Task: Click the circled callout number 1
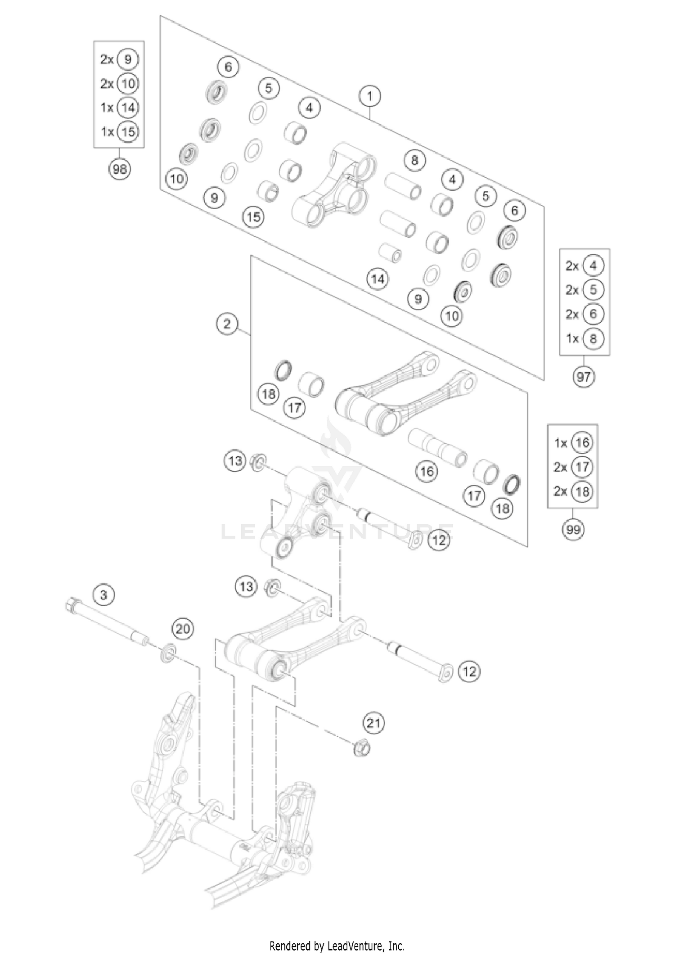[x=370, y=96]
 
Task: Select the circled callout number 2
[x=226, y=324]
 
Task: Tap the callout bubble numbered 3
[x=104, y=595]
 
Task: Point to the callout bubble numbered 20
[x=183, y=628]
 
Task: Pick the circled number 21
[x=373, y=723]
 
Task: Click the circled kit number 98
[x=119, y=169]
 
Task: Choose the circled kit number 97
[x=584, y=376]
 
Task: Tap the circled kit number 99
[x=573, y=529]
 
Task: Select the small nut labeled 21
[x=362, y=749]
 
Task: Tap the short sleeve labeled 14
[x=390, y=252]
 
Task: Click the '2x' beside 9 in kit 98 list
[x=107, y=59]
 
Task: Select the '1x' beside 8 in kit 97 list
[x=572, y=338]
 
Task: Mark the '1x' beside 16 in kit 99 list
[x=560, y=443]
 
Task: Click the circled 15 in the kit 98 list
[x=128, y=132]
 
